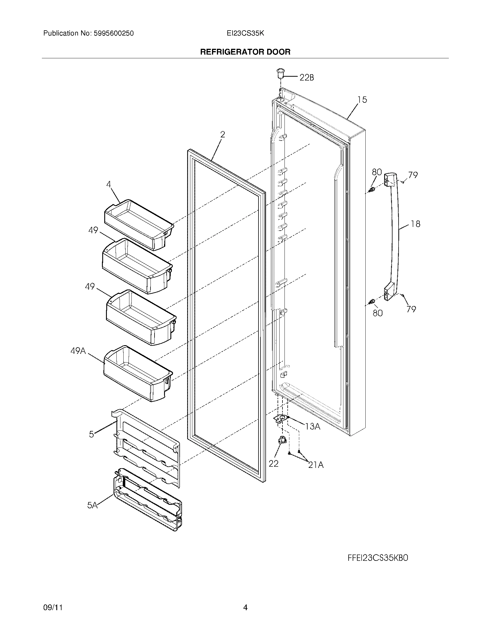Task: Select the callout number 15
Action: (362, 100)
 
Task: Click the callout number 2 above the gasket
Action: (222, 134)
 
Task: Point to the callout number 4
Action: (109, 184)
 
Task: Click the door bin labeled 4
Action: (138, 224)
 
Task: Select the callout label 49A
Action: (78, 351)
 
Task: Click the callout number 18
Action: (416, 224)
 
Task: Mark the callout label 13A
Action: (313, 426)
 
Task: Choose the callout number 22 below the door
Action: (274, 464)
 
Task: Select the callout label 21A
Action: (316, 465)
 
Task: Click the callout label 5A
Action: (92, 505)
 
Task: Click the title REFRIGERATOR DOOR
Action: (245, 52)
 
